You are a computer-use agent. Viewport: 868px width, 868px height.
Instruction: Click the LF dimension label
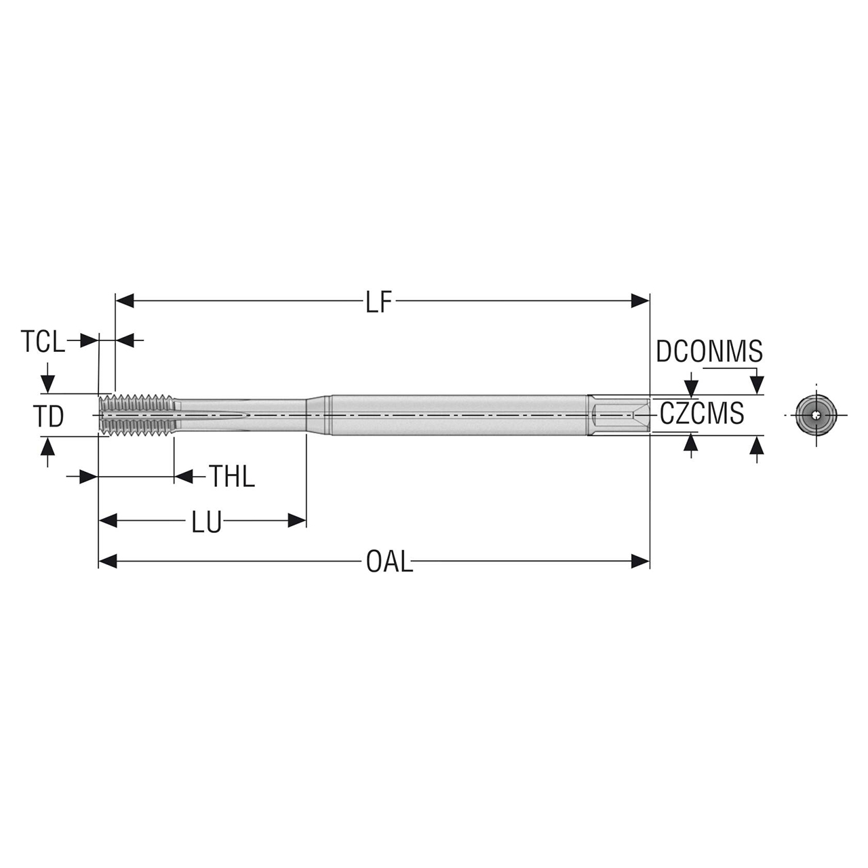click(x=379, y=302)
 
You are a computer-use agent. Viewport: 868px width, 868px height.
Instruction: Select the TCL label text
click(x=43, y=342)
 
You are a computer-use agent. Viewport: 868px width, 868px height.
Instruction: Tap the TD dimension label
click(x=49, y=416)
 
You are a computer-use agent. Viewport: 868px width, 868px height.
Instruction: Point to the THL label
click(x=231, y=477)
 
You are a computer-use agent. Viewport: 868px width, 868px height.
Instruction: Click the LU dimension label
click(x=205, y=522)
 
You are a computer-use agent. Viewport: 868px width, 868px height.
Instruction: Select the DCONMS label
click(x=709, y=352)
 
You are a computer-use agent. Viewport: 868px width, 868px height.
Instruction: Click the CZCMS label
click(x=701, y=413)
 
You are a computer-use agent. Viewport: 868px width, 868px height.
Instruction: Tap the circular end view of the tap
click(x=816, y=414)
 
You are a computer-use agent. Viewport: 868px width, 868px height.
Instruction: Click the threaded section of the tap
click(x=139, y=414)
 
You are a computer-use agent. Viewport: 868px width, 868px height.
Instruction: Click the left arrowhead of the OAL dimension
click(x=108, y=561)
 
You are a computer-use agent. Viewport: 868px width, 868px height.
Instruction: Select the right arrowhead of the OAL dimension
click(x=641, y=561)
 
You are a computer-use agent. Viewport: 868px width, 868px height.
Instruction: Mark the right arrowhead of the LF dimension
click(x=641, y=300)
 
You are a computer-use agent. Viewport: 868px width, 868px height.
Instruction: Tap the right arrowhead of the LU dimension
click(x=297, y=521)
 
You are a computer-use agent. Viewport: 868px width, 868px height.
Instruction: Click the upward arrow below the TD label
click(x=47, y=446)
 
